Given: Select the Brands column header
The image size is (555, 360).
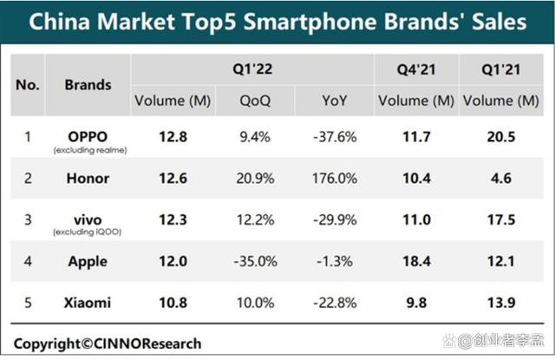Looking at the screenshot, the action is pos(88,85).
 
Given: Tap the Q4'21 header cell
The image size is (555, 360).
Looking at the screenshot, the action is pos(416,69).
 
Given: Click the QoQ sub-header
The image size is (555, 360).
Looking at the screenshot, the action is pos(255,101).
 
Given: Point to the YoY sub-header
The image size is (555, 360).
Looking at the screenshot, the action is pos(334,101).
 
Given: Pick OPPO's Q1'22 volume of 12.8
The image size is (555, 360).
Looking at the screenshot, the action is pos(173,137).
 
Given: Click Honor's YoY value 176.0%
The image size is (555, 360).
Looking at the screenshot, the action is pos(335,178).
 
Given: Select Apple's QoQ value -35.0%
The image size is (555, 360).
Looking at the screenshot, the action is pos(255,261).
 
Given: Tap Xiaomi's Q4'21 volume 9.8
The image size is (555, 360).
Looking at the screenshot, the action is pos(416,303).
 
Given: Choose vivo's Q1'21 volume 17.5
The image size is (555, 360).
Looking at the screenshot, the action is pos(501,219).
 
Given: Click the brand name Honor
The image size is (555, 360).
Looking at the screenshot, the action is pos(88,178).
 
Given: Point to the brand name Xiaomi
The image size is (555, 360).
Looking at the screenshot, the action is pos(88,303).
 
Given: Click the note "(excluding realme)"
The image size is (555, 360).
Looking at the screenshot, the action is pos(90,150).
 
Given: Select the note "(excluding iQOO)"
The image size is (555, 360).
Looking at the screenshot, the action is pos(88,232).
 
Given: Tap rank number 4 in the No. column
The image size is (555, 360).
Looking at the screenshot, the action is pos(28,261).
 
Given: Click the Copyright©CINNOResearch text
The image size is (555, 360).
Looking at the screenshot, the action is pos(108,344).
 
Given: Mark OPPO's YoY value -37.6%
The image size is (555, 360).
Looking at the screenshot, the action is pos(335,137).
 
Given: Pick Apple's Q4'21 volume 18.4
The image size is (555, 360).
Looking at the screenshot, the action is pos(416,261).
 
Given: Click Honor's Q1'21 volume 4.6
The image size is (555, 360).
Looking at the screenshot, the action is pos(501,178).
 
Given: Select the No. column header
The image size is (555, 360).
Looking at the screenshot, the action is pos(28,85).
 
